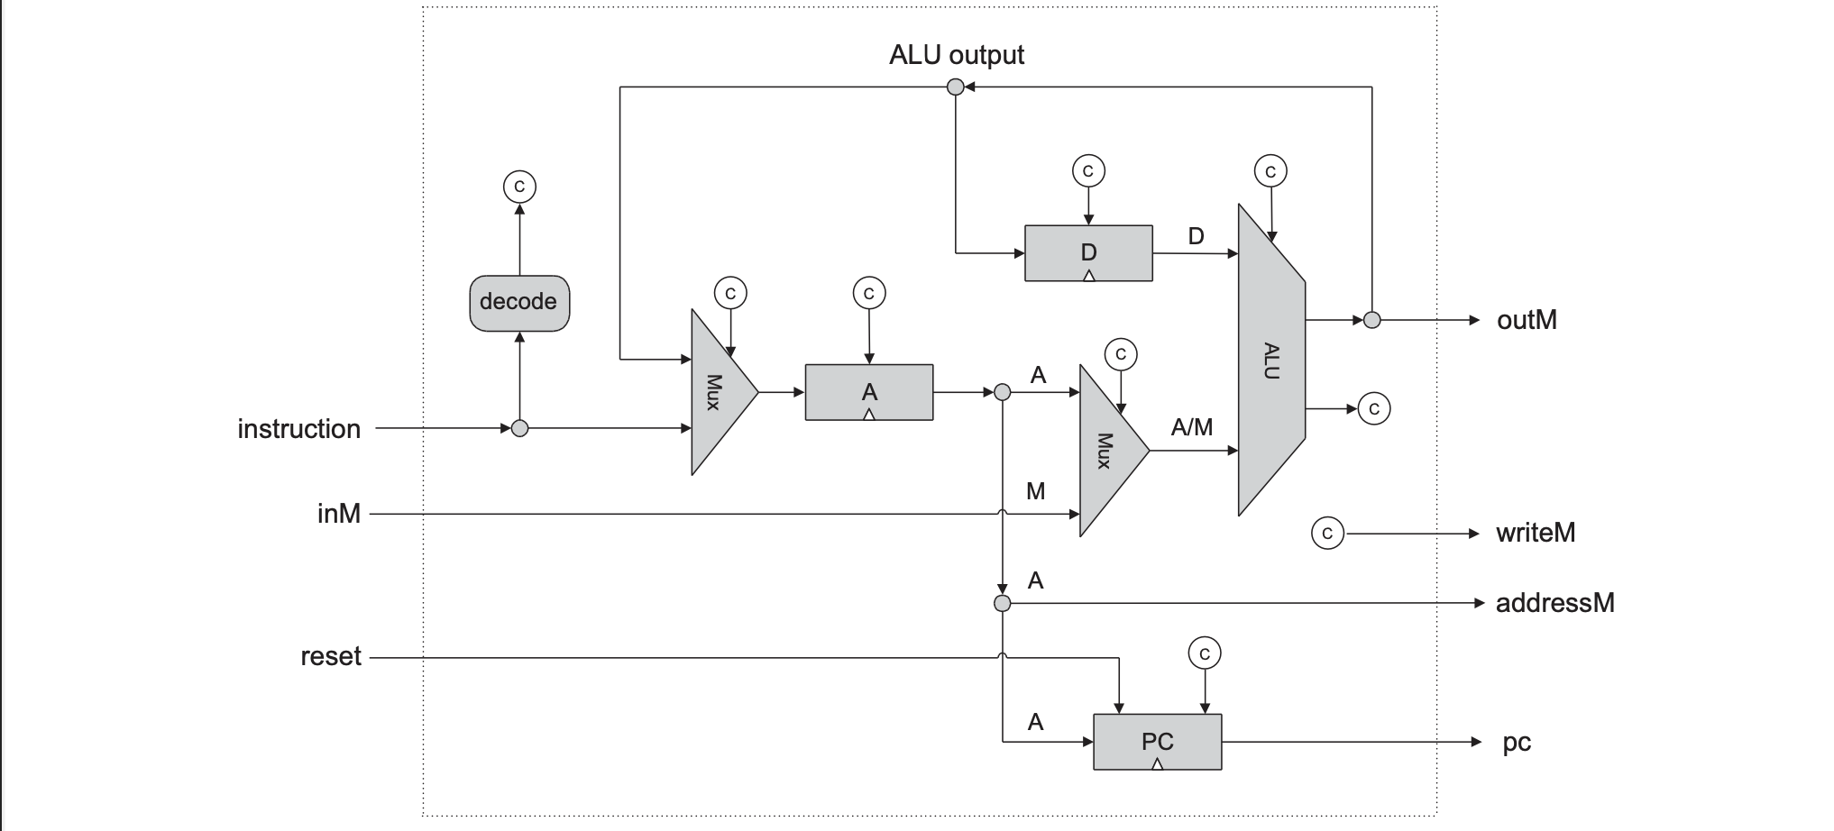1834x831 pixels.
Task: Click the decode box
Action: pos(519,303)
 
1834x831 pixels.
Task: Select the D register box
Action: pos(1088,253)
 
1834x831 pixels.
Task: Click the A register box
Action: pos(868,392)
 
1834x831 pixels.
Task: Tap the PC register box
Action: pos(1157,742)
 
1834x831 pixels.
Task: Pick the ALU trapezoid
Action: pos(1270,361)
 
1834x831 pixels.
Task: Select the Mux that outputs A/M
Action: pos(1108,451)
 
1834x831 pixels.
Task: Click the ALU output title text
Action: pos(956,55)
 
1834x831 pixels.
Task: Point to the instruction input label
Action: pos(298,429)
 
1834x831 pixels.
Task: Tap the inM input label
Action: pos(339,514)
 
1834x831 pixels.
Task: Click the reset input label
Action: pos(330,657)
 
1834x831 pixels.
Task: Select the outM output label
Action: pos(1527,320)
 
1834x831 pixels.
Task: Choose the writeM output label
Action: pos(1535,533)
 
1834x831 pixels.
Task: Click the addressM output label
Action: pos(1554,603)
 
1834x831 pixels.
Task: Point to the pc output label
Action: pos(1517,743)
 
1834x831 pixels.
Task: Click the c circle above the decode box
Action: pos(519,187)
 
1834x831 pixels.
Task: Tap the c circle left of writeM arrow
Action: pos(1326,534)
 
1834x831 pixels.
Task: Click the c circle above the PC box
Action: pos(1205,653)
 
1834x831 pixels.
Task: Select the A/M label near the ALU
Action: pos(1191,427)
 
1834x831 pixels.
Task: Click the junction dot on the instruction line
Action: pos(519,429)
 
